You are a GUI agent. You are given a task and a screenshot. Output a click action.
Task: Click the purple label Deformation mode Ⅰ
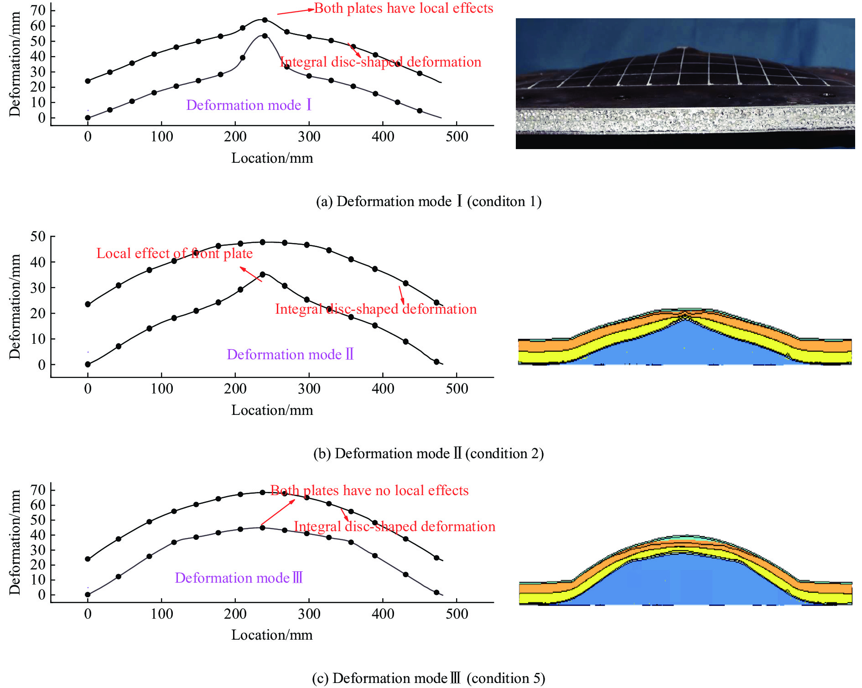click(x=249, y=105)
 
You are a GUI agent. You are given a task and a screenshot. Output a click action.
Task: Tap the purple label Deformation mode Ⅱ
click(x=290, y=354)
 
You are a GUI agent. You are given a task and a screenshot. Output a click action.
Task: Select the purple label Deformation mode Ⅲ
click(x=239, y=578)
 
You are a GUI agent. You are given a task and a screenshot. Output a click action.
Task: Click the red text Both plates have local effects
click(x=404, y=8)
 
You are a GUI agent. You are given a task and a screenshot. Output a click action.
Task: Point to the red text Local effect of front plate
click(x=174, y=253)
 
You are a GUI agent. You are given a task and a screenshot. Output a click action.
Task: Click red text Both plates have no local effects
click(x=369, y=490)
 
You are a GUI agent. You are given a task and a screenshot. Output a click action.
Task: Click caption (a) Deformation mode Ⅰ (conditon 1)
click(x=429, y=201)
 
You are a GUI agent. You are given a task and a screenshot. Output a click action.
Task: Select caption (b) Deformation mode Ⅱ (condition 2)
click(x=429, y=453)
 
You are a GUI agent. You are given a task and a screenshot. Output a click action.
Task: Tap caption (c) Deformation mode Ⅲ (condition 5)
click(x=429, y=678)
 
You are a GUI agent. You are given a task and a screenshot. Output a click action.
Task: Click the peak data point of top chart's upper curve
click(x=265, y=20)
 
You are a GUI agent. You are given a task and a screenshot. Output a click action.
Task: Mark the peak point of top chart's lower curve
click(x=265, y=36)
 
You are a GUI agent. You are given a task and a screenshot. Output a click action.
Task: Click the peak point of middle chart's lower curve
click(x=262, y=274)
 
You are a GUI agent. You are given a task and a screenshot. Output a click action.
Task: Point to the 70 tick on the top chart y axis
click(x=38, y=10)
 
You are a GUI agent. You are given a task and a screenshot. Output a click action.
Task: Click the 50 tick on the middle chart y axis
click(x=38, y=236)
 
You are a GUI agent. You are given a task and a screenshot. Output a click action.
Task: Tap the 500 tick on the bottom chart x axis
click(x=457, y=614)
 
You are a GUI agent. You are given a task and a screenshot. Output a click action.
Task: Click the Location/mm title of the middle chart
click(x=272, y=410)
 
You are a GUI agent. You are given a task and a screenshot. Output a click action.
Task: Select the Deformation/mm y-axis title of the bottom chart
click(x=15, y=542)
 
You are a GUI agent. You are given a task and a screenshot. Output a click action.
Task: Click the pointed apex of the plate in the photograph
click(x=680, y=48)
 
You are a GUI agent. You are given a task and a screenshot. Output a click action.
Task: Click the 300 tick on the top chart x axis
click(x=309, y=136)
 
